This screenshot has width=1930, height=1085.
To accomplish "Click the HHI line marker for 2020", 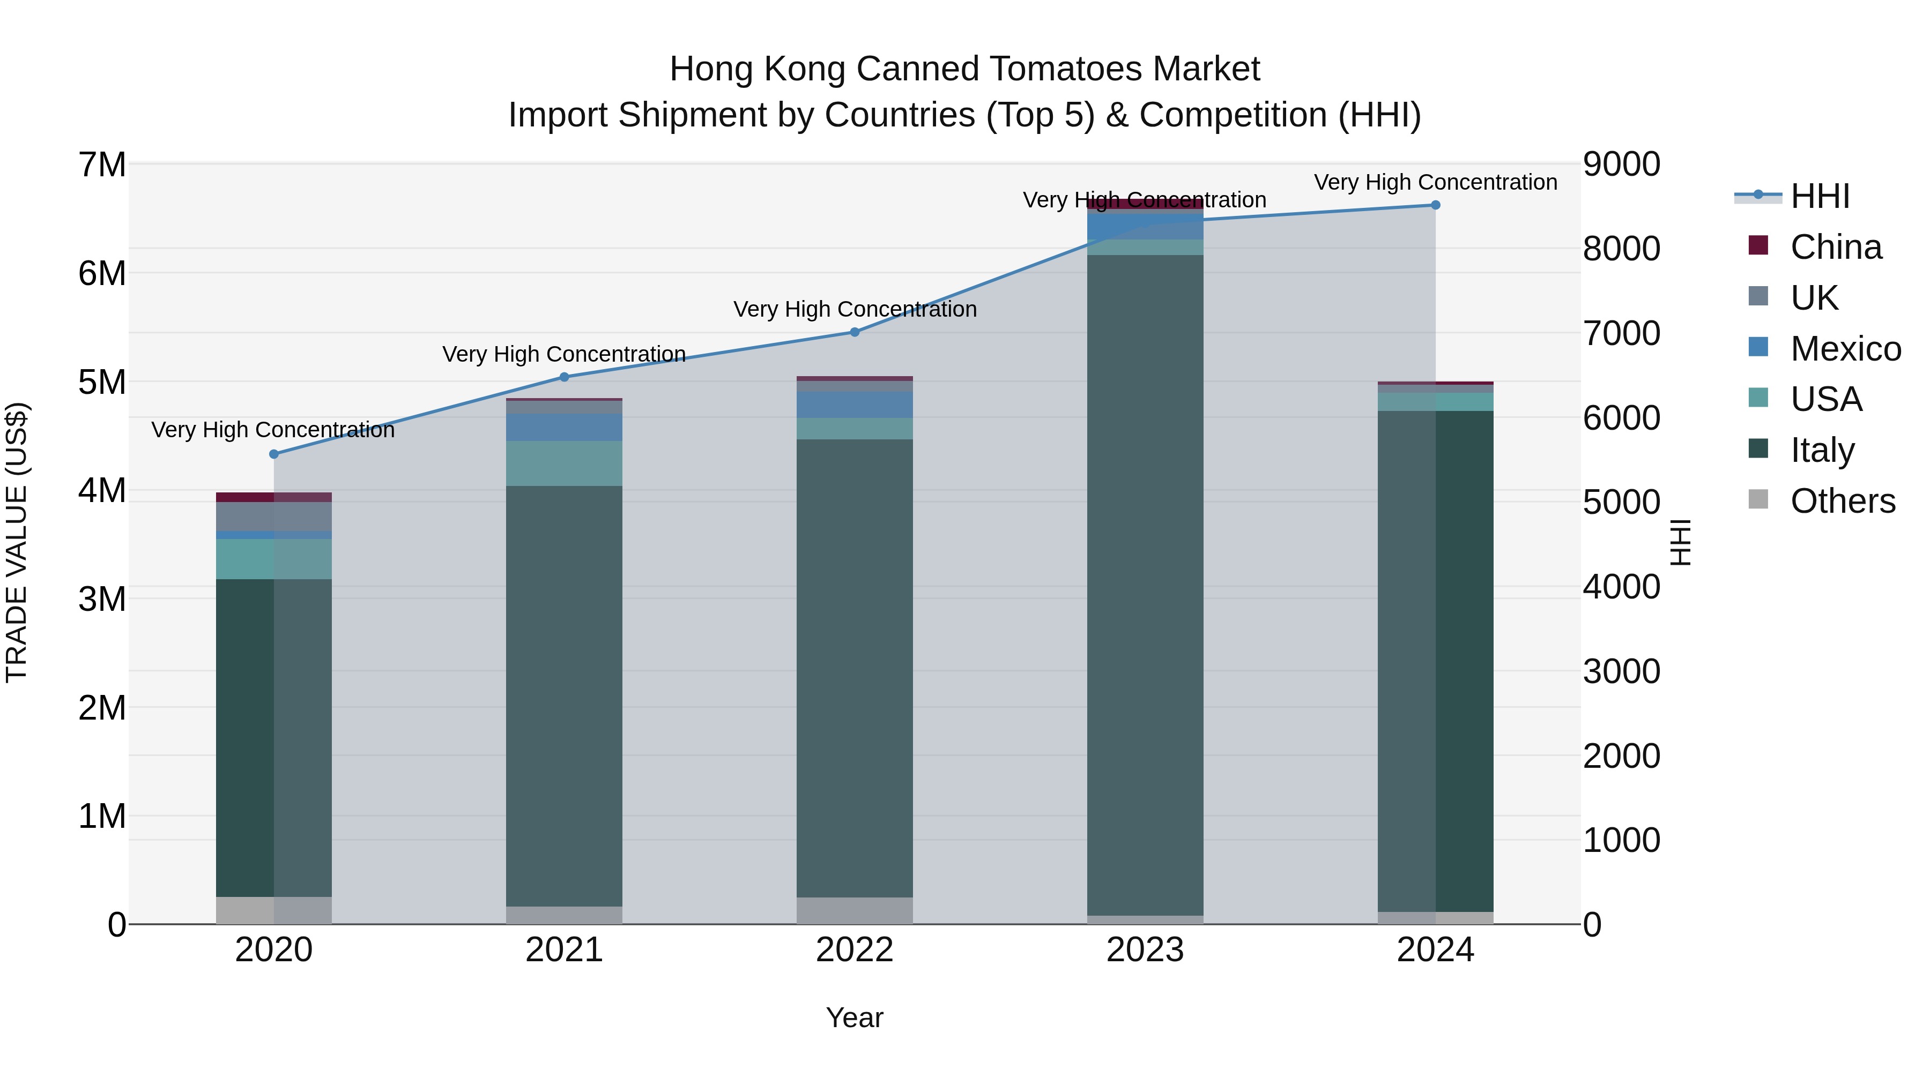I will [273, 454].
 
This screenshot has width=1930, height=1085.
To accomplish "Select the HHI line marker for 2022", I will [855, 332].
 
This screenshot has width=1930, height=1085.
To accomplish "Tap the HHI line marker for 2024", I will [1436, 205].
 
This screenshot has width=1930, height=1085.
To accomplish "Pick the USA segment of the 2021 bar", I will [564, 463].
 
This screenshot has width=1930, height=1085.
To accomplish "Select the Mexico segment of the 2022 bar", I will [855, 405].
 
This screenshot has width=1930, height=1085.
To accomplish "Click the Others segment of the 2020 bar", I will [273, 910].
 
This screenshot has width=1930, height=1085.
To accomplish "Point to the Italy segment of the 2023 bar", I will [1145, 584].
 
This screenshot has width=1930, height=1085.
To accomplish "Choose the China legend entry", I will [1835, 247].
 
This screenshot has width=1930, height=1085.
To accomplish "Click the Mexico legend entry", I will [1845, 349].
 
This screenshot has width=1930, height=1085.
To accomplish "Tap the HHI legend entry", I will [1819, 196].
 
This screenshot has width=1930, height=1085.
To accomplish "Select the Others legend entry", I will [1842, 501].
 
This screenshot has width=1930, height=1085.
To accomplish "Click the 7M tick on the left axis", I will [102, 164].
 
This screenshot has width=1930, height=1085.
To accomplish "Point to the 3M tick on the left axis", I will [102, 599].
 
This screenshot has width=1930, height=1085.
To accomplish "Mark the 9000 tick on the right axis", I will [1621, 164].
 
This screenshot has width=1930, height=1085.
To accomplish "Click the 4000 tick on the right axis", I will [1621, 587].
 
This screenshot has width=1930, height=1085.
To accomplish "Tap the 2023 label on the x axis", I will [1145, 950].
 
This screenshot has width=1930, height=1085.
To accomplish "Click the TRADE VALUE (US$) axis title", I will [17, 542].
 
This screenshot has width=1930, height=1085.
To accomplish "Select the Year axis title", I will [855, 1017].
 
